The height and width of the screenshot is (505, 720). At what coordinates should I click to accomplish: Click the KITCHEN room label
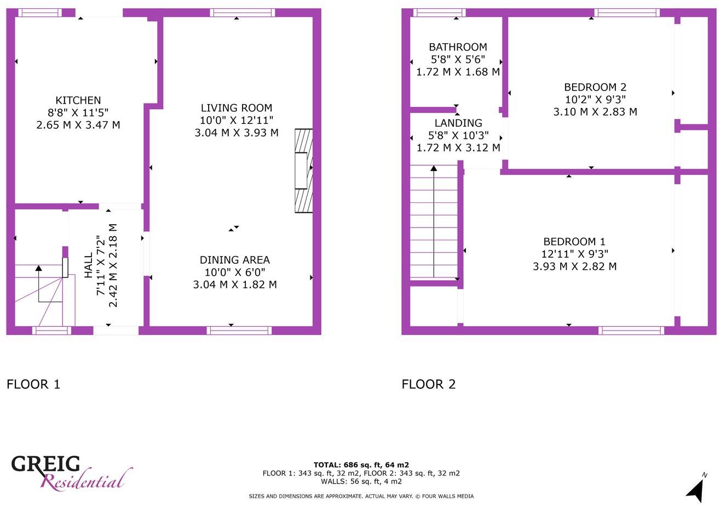pos(78,100)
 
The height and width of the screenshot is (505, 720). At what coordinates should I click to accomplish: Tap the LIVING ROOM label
pos(236,108)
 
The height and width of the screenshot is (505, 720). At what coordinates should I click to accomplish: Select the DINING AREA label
pos(234,260)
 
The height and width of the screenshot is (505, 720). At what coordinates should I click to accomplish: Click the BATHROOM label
pos(458,47)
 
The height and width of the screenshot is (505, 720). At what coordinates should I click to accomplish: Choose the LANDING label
pos(458,123)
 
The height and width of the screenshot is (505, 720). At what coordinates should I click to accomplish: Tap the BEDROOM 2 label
pos(595,87)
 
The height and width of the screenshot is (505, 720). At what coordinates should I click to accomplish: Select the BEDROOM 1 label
pos(574,242)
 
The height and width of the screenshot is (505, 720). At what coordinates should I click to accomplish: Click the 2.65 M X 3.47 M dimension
pos(78,125)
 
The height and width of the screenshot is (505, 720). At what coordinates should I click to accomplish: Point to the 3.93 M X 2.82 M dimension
pos(574,266)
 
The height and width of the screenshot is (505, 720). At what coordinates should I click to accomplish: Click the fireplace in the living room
pos(304,171)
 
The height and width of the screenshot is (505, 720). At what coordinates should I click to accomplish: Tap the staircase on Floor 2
pos(434,222)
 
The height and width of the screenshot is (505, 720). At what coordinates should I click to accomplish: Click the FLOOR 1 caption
pos(33,384)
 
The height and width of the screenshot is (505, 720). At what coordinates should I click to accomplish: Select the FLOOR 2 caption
pos(429,384)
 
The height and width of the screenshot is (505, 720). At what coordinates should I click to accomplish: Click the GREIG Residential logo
pos(71,472)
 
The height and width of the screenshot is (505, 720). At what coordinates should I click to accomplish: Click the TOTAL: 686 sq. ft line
pos(361,465)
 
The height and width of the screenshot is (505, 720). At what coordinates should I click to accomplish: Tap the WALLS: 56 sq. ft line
pos(361,481)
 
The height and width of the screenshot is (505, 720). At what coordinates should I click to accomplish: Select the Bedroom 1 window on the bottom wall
pos(631,330)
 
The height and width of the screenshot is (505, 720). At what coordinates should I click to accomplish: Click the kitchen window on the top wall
pos(39,13)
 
